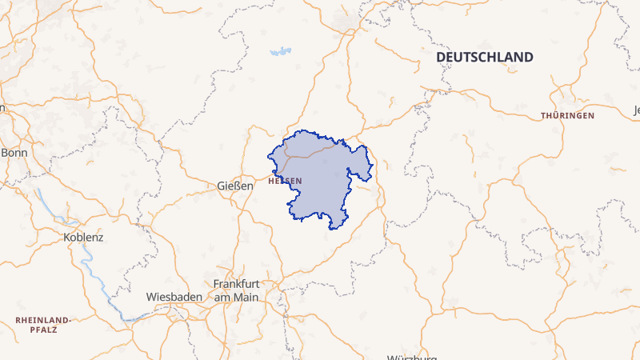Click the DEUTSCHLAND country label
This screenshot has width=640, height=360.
484,58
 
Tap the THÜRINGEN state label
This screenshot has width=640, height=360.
567,116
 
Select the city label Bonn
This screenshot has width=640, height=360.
14,152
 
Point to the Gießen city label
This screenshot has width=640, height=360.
234,186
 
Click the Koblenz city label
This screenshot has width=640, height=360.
83,238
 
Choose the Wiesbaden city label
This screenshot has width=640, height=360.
173,297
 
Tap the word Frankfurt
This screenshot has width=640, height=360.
238,284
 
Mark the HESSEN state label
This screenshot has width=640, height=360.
286,181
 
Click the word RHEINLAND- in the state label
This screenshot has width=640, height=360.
43,320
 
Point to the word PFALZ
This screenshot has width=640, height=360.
43,329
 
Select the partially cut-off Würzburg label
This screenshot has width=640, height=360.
413,357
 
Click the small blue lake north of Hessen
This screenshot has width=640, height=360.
280,52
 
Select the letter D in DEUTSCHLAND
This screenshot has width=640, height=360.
440,58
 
